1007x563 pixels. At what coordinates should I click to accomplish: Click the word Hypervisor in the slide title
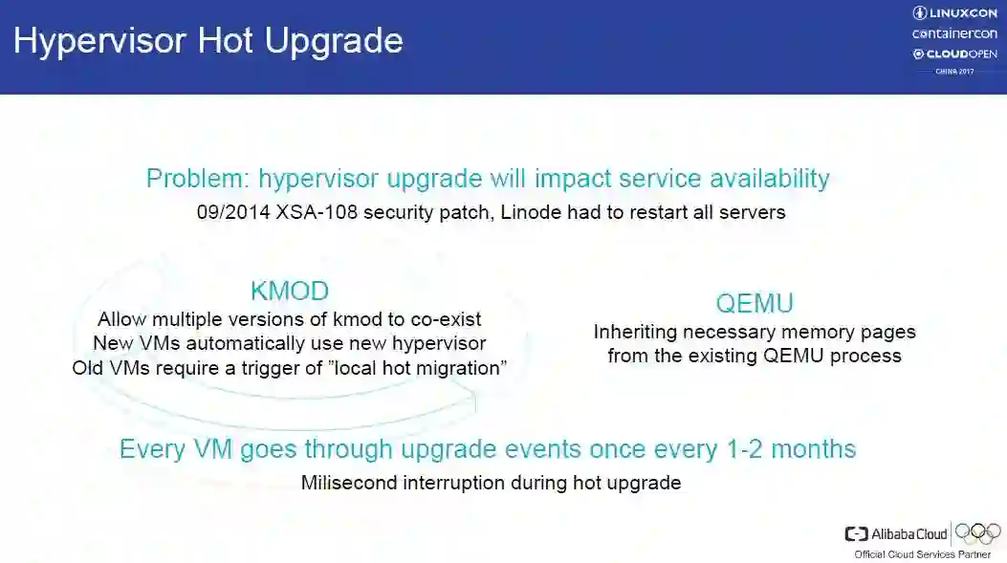coord(99,42)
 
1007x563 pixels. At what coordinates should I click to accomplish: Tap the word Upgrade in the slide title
coord(334,42)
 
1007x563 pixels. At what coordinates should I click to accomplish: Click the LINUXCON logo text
coord(955,12)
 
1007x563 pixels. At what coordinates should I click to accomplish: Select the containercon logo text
coord(954,33)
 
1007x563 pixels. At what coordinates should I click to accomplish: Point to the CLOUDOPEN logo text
coord(955,54)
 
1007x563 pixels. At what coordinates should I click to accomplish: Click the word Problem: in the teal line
coord(198,179)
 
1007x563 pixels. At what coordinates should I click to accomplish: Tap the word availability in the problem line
coord(770,179)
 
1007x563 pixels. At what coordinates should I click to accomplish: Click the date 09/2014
coord(233,212)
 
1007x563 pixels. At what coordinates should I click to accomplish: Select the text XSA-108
coord(317,212)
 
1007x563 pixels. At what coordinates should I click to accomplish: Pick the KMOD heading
coord(290,292)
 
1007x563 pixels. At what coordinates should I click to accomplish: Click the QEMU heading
coord(755,304)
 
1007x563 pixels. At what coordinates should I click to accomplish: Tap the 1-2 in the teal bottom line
coord(744,449)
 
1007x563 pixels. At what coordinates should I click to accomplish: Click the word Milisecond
coord(349,483)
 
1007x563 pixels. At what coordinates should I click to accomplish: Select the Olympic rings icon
coord(978,532)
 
